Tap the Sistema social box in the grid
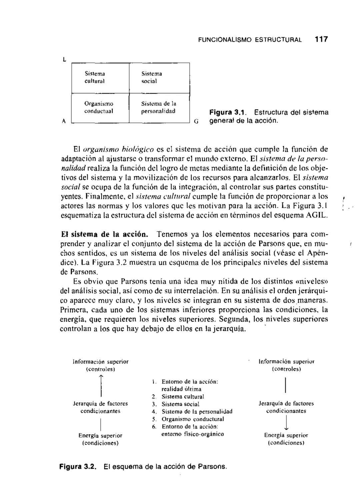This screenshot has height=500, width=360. click(x=159, y=78)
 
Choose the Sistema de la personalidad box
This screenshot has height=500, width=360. click(x=159, y=108)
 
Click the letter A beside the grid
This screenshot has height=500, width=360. click(x=63, y=121)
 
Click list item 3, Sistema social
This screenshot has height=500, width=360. click(x=180, y=404)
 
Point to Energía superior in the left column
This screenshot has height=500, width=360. click(x=100, y=435)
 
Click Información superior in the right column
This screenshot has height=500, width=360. click(x=286, y=361)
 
